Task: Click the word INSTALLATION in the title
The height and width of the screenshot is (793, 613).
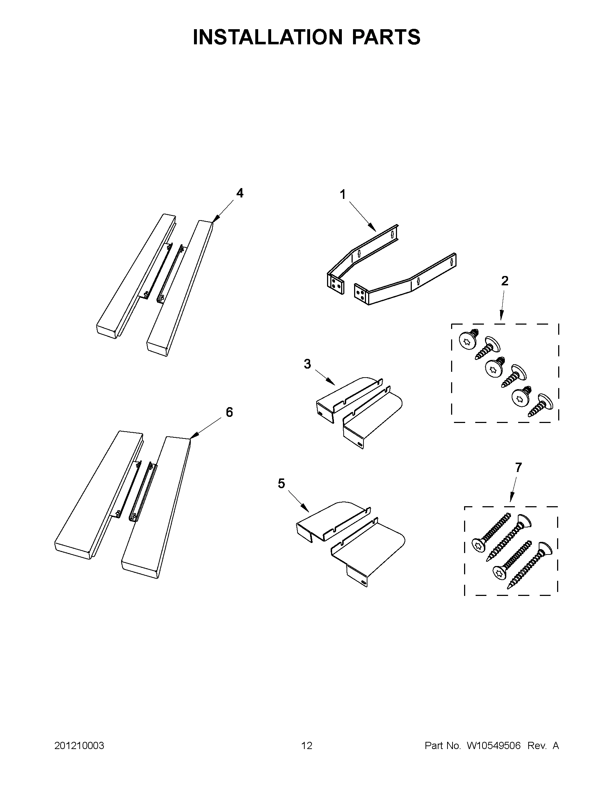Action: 268,37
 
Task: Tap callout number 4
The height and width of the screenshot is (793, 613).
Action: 240,193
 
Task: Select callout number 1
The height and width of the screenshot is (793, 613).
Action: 343,195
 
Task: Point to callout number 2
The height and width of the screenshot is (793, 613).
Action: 505,281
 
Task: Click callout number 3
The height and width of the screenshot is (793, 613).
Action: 308,364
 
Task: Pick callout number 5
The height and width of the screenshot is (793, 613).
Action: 282,483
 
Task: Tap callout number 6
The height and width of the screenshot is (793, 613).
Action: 229,412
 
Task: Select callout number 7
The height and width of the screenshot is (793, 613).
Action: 518,467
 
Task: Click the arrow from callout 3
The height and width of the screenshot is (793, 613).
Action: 324,378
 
